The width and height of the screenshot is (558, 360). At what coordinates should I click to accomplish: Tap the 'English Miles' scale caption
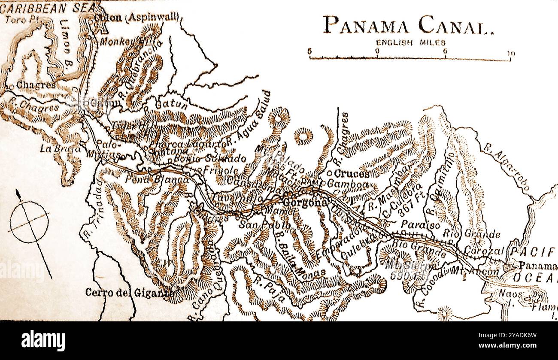coord(411,42)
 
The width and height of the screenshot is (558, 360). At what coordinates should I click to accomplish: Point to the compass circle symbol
coord(29,222)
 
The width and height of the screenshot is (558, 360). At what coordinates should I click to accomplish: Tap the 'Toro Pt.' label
coord(21,19)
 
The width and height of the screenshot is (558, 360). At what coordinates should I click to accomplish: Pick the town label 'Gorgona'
coord(303,203)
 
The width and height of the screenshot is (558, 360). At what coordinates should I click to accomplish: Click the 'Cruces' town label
coord(351,174)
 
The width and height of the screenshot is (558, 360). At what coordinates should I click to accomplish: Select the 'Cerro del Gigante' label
coord(129,293)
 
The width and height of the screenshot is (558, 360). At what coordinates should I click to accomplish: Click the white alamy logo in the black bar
coord(43,341)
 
